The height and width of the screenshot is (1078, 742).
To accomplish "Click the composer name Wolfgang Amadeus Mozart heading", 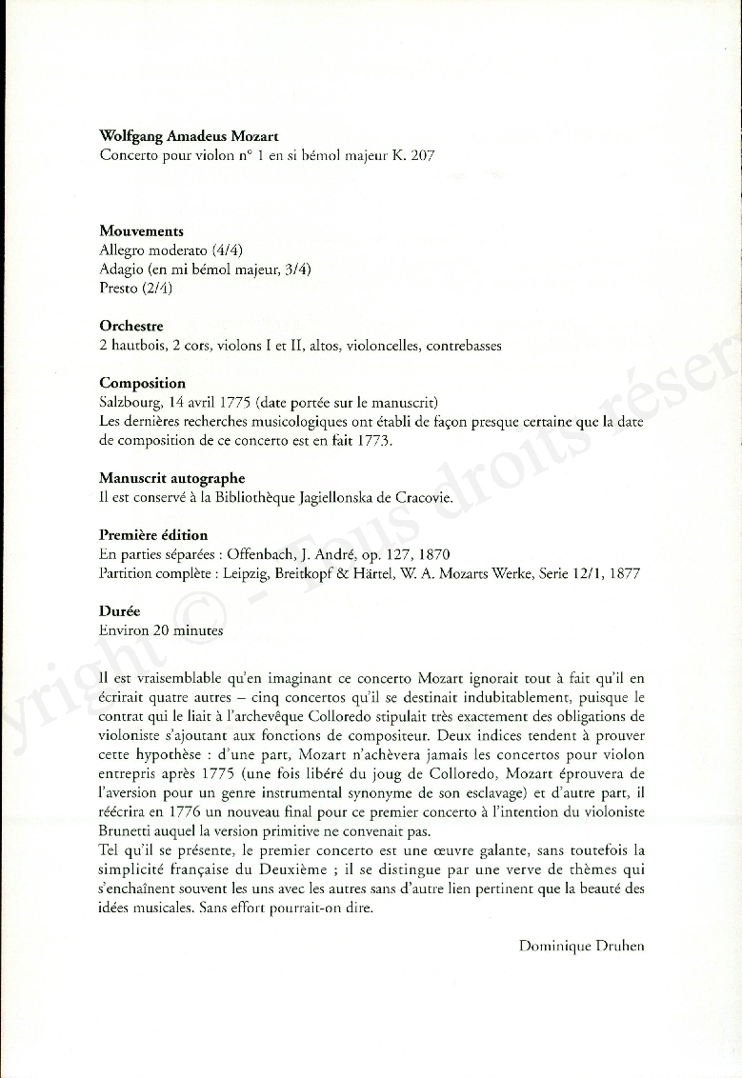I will [189, 136].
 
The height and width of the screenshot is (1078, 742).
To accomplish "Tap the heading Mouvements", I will [141, 230].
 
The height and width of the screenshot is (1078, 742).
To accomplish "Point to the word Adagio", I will [121, 269].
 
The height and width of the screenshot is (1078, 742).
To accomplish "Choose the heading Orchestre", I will [131, 326].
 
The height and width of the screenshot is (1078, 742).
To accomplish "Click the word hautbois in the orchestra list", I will [138, 346].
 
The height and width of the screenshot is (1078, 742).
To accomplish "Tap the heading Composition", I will [142, 383].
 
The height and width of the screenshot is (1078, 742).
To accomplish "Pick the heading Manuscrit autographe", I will [171, 478].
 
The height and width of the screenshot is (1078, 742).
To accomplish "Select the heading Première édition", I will [153, 535].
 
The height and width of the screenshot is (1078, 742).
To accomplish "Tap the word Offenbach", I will [260, 554].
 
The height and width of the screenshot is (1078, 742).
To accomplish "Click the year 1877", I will [624, 573].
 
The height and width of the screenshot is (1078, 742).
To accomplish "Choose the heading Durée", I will [120, 611].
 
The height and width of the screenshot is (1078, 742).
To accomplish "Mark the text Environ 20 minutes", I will [161, 630].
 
